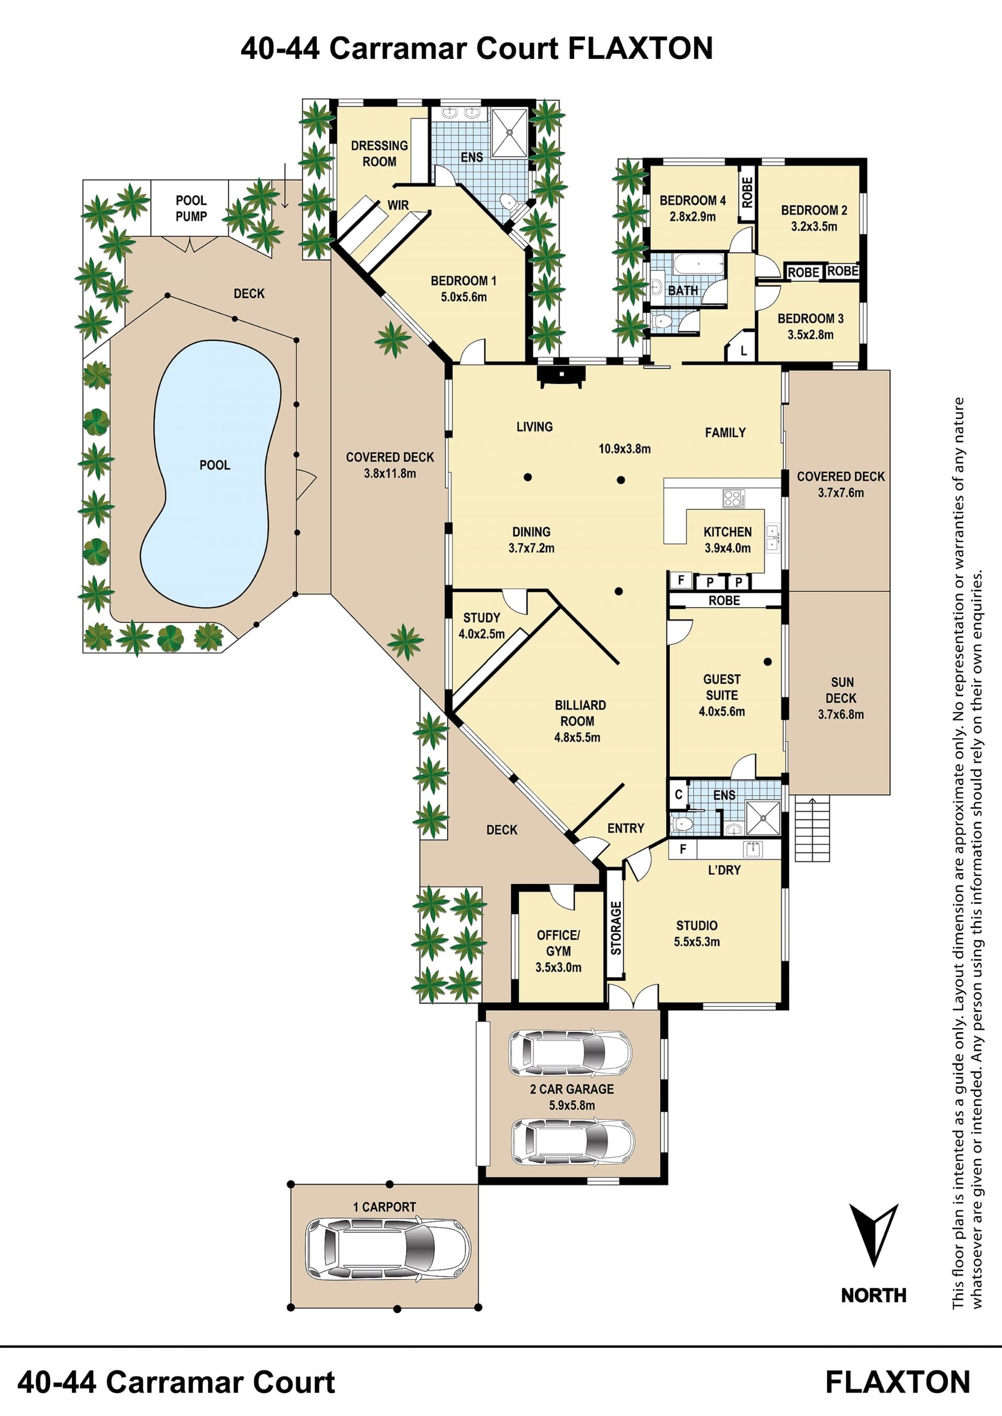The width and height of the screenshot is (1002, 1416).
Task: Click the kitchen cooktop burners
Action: (x=734, y=498)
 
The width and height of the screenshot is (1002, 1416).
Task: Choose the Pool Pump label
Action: (x=192, y=209)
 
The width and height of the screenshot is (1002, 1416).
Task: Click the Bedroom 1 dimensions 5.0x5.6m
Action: (x=463, y=297)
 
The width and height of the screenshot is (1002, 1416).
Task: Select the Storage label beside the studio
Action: (x=616, y=928)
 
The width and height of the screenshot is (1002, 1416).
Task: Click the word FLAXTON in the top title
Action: (x=640, y=48)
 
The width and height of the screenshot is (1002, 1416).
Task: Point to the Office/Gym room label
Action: (x=558, y=943)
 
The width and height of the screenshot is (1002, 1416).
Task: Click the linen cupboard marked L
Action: (x=744, y=350)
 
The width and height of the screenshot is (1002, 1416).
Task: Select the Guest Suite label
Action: (x=721, y=687)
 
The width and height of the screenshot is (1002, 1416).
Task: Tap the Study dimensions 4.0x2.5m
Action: (x=481, y=633)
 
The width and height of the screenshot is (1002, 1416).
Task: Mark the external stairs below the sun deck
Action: (x=812, y=828)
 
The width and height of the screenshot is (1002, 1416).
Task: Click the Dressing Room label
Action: (x=379, y=153)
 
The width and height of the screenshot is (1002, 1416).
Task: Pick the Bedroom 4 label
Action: (x=693, y=200)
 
